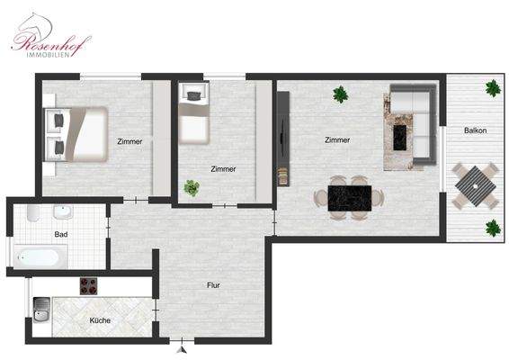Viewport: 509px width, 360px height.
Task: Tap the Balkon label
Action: coord(476,131)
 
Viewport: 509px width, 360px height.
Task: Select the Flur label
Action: coord(213,285)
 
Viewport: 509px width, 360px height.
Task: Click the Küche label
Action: coord(100,320)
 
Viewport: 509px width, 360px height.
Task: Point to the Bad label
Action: coord(60,235)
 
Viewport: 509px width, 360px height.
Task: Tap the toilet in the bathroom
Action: coord(31,215)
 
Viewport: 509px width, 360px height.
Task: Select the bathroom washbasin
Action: coord(61,212)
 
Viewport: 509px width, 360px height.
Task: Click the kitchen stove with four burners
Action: coord(89,286)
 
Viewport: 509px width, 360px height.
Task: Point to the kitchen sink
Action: coord(40,316)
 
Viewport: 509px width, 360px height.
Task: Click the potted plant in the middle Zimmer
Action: coord(191,188)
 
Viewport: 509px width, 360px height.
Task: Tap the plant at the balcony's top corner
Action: coord(493,88)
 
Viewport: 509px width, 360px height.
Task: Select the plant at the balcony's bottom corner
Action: coord(493,228)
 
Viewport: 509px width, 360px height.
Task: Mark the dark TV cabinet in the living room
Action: coord(284,139)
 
